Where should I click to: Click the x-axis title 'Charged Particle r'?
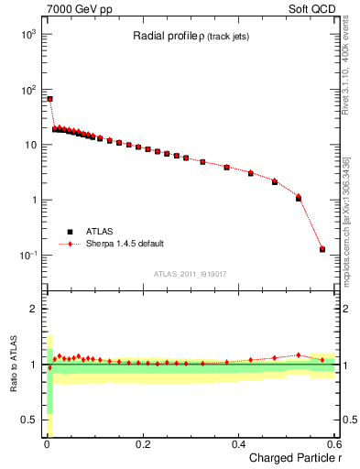pos(292,458)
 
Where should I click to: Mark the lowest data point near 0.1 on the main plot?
pos(322,249)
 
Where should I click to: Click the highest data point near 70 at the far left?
pos(49,99)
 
